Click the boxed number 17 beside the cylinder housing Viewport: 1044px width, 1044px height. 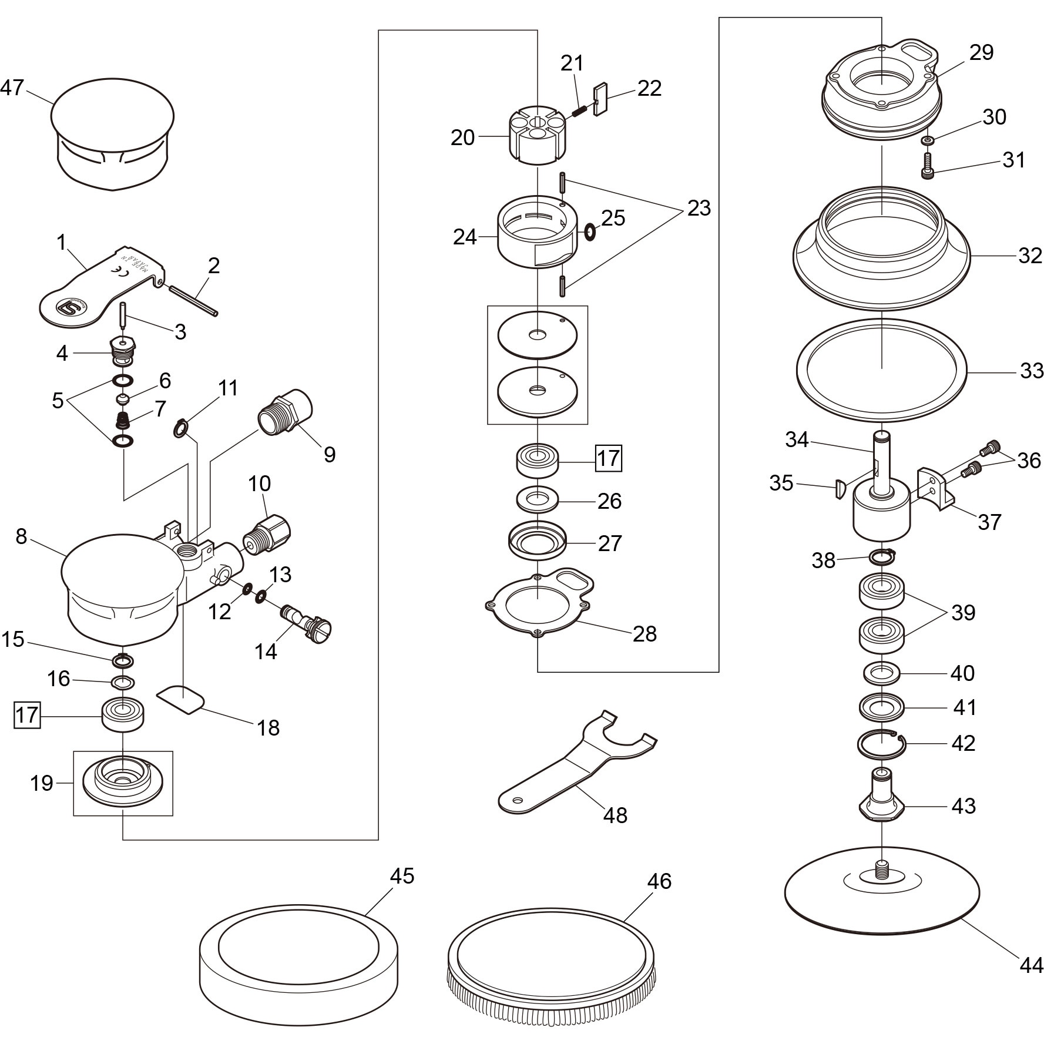(609, 458)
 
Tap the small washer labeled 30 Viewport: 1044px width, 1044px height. (928, 140)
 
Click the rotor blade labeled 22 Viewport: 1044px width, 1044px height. (601, 100)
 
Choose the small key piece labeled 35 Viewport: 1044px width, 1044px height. (840, 488)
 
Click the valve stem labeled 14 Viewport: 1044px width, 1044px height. (306, 623)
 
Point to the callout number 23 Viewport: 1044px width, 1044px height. (699, 208)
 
